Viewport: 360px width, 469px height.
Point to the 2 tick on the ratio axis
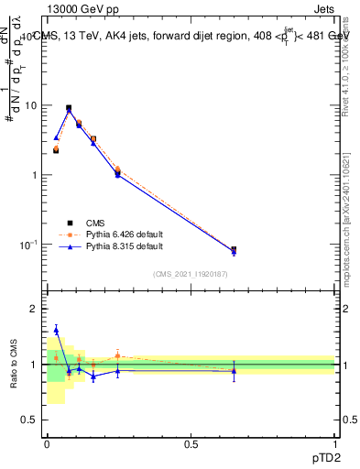click(34, 309)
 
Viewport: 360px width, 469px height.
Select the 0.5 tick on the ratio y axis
click(30, 420)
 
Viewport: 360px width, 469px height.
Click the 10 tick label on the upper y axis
click(30, 105)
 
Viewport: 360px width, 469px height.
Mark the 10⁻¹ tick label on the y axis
click(27, 245)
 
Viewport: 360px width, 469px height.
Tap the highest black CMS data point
click(69, 108)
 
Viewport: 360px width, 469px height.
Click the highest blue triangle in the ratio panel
click(56, 330)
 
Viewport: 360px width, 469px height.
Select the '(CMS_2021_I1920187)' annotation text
click(191, 274)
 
